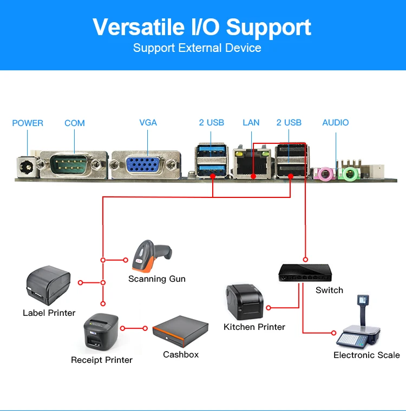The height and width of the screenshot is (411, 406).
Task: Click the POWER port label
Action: (x=28, y=123)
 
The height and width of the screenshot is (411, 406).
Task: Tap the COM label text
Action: (x=75, y=123)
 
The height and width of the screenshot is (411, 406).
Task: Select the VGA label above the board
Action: (x=148, y=123)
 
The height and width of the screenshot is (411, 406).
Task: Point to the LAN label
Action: (x=251, y=123)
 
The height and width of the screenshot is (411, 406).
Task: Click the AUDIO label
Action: (x=336, y=123)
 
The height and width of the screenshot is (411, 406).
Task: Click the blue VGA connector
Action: (x=145, y=164)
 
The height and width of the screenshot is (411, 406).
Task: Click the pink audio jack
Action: (x=325, y=174)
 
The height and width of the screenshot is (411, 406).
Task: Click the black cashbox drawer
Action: (x=180, y=330)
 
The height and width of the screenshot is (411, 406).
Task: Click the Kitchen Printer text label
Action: (x=254, y=327)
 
